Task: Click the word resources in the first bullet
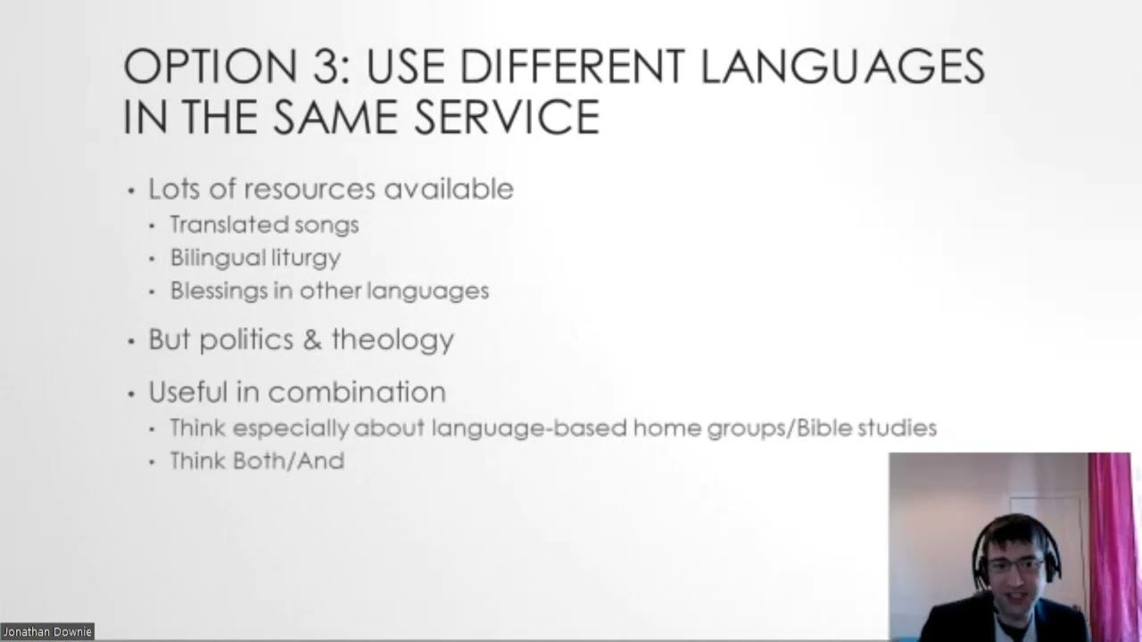point(310,189)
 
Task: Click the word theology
point(393,340)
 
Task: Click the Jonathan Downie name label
point(47,632)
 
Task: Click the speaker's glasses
point(1015,564)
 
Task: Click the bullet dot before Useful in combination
point(131,393)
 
